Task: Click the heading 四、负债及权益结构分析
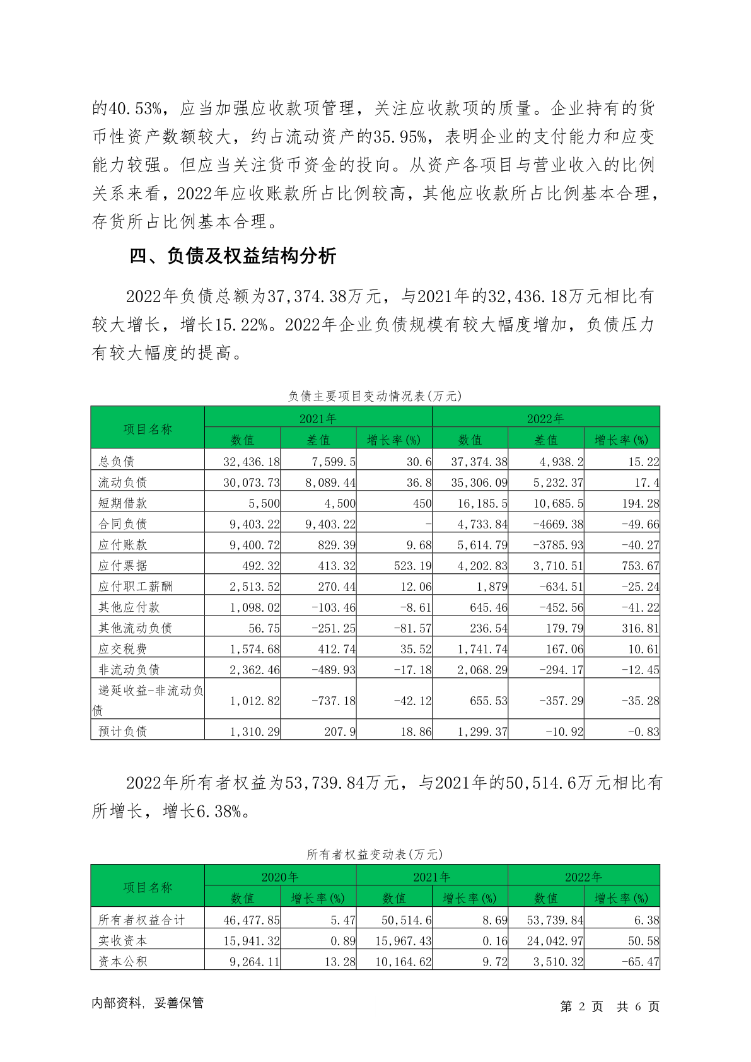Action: point(233,256)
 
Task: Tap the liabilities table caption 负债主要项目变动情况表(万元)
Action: point(375,396)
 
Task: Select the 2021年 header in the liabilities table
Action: point(318,418)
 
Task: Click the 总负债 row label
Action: point(117,461)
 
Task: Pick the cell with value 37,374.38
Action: point(479,461)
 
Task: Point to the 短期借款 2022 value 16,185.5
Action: point(483,503)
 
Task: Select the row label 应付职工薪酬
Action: point(135,586)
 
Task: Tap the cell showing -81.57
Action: point(413,628)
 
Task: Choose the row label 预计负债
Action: point(123,732)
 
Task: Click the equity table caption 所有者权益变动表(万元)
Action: point(375,855)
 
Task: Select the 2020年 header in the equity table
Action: point(280,877)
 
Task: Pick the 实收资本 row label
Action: point(123,940)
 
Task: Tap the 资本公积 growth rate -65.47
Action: point(640,962)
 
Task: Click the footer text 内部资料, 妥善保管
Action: point(148,1003)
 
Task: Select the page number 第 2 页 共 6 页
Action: point(610,1007)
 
